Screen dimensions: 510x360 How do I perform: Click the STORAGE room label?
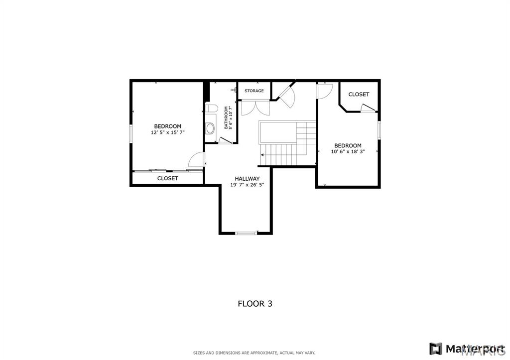pos(254,91)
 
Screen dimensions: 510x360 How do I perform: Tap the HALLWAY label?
pos(247,179)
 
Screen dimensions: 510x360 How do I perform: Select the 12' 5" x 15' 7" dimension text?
pos(167,132)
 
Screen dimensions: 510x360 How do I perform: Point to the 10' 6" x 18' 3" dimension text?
pos(348,151)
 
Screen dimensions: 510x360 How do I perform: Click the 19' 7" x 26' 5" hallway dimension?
pos(247,185)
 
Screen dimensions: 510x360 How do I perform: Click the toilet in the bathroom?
pos(211,109)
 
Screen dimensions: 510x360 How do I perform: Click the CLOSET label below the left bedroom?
pos(167,178)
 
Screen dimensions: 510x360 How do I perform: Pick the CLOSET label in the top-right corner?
pos(359,94)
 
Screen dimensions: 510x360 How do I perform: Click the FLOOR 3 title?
pos(255,304)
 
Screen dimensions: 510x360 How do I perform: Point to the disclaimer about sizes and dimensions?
pos(254,353)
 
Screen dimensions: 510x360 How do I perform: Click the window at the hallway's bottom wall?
pos(246,233)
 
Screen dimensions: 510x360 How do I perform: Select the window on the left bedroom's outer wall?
pos(131,133)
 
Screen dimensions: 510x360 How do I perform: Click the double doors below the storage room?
pos(255,108)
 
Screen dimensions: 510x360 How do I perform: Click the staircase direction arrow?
pos(261,155)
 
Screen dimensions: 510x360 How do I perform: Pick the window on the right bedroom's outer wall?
pos(379,130)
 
